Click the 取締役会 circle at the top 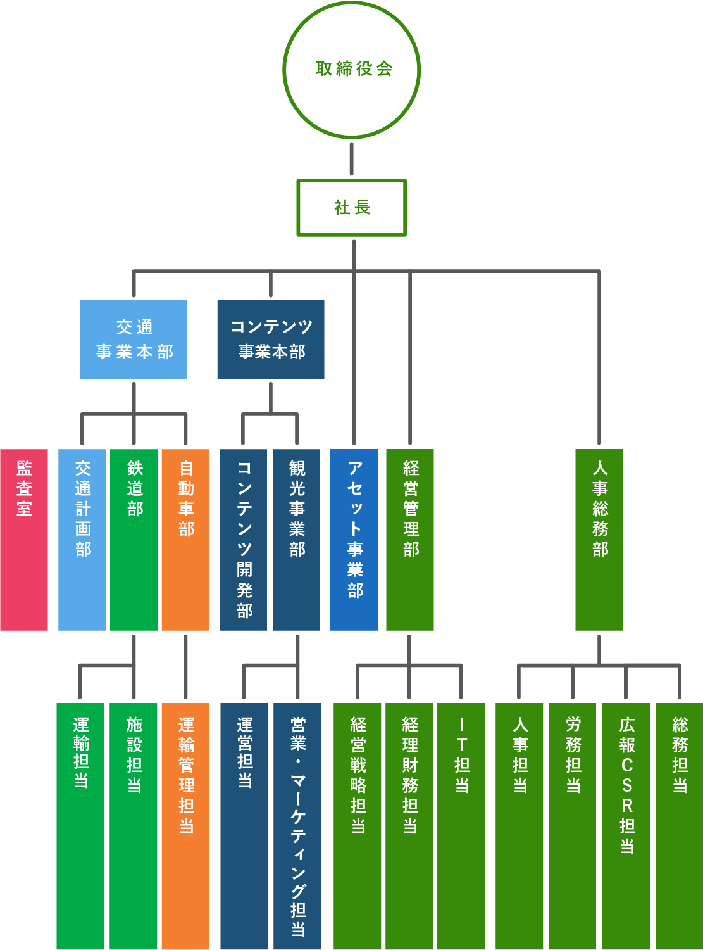point(351,69)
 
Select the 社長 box point(351,208)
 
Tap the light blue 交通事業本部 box point(134,339)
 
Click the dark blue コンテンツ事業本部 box point(271,339)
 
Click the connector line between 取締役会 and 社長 point(351,159)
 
